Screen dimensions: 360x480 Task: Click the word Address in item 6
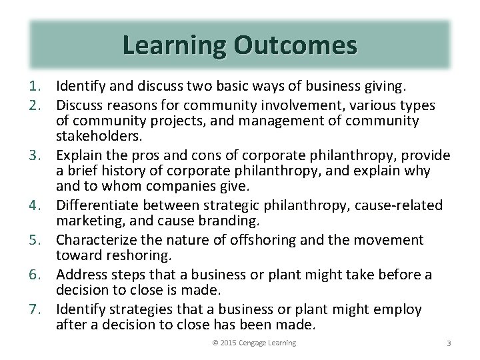tap(81, 275)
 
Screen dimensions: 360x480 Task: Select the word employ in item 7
tap(397, 309)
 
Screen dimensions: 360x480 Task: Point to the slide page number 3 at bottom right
tap(449, 343)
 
